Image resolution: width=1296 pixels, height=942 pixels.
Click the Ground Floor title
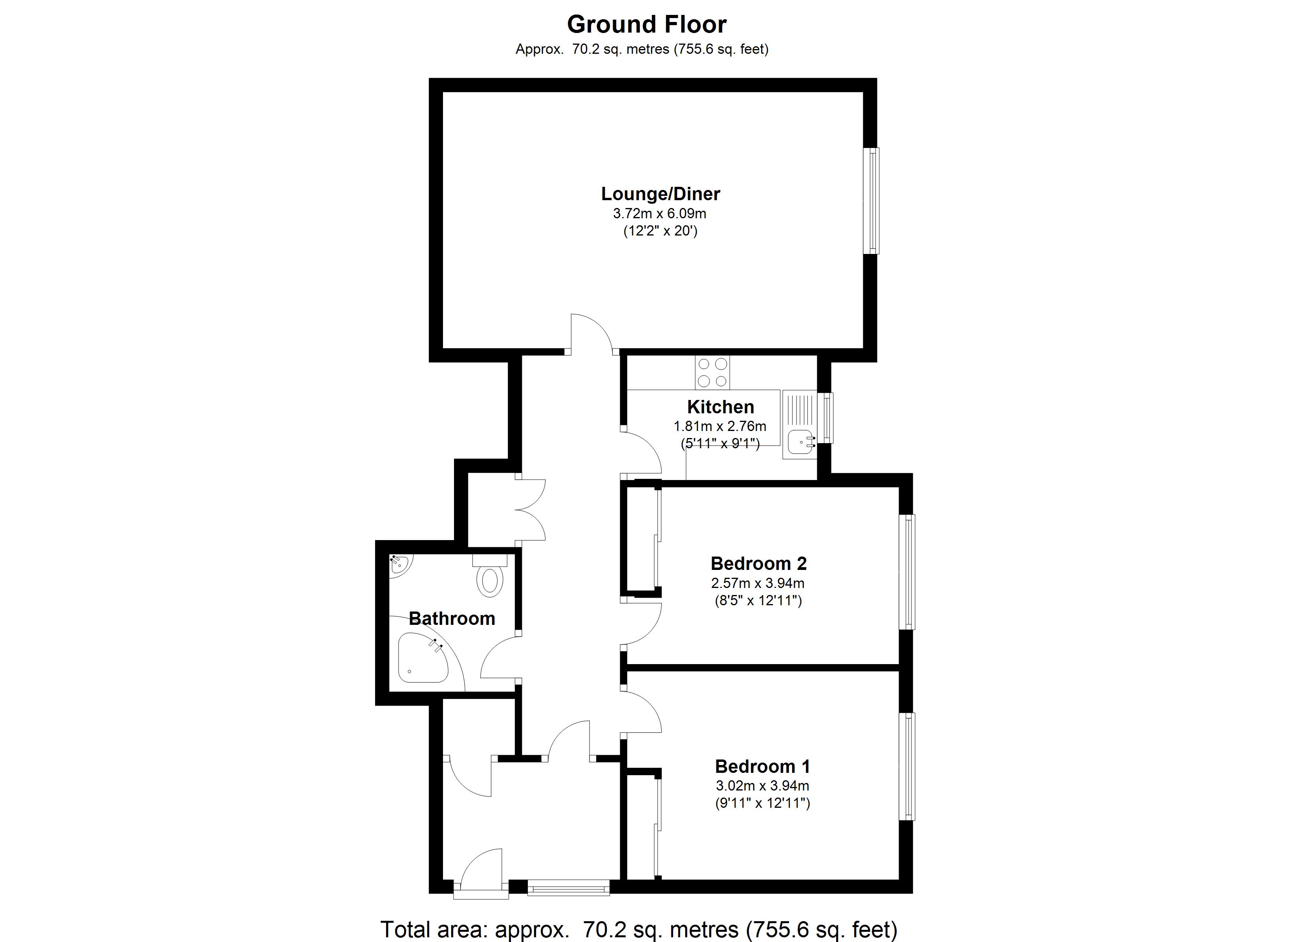coord(646,25)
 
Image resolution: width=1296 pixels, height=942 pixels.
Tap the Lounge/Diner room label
coord(660,194)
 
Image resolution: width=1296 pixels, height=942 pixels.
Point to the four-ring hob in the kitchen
coord(712,372)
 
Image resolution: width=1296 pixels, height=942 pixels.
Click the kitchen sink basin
coord(800,442)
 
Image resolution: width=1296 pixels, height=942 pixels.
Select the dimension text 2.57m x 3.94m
coord(758,583)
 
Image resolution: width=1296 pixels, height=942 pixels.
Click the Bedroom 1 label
coord(762,766)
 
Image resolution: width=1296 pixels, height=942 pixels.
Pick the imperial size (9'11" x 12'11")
coord(762,803)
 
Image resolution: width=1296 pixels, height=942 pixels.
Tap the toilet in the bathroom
coord(490,579)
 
